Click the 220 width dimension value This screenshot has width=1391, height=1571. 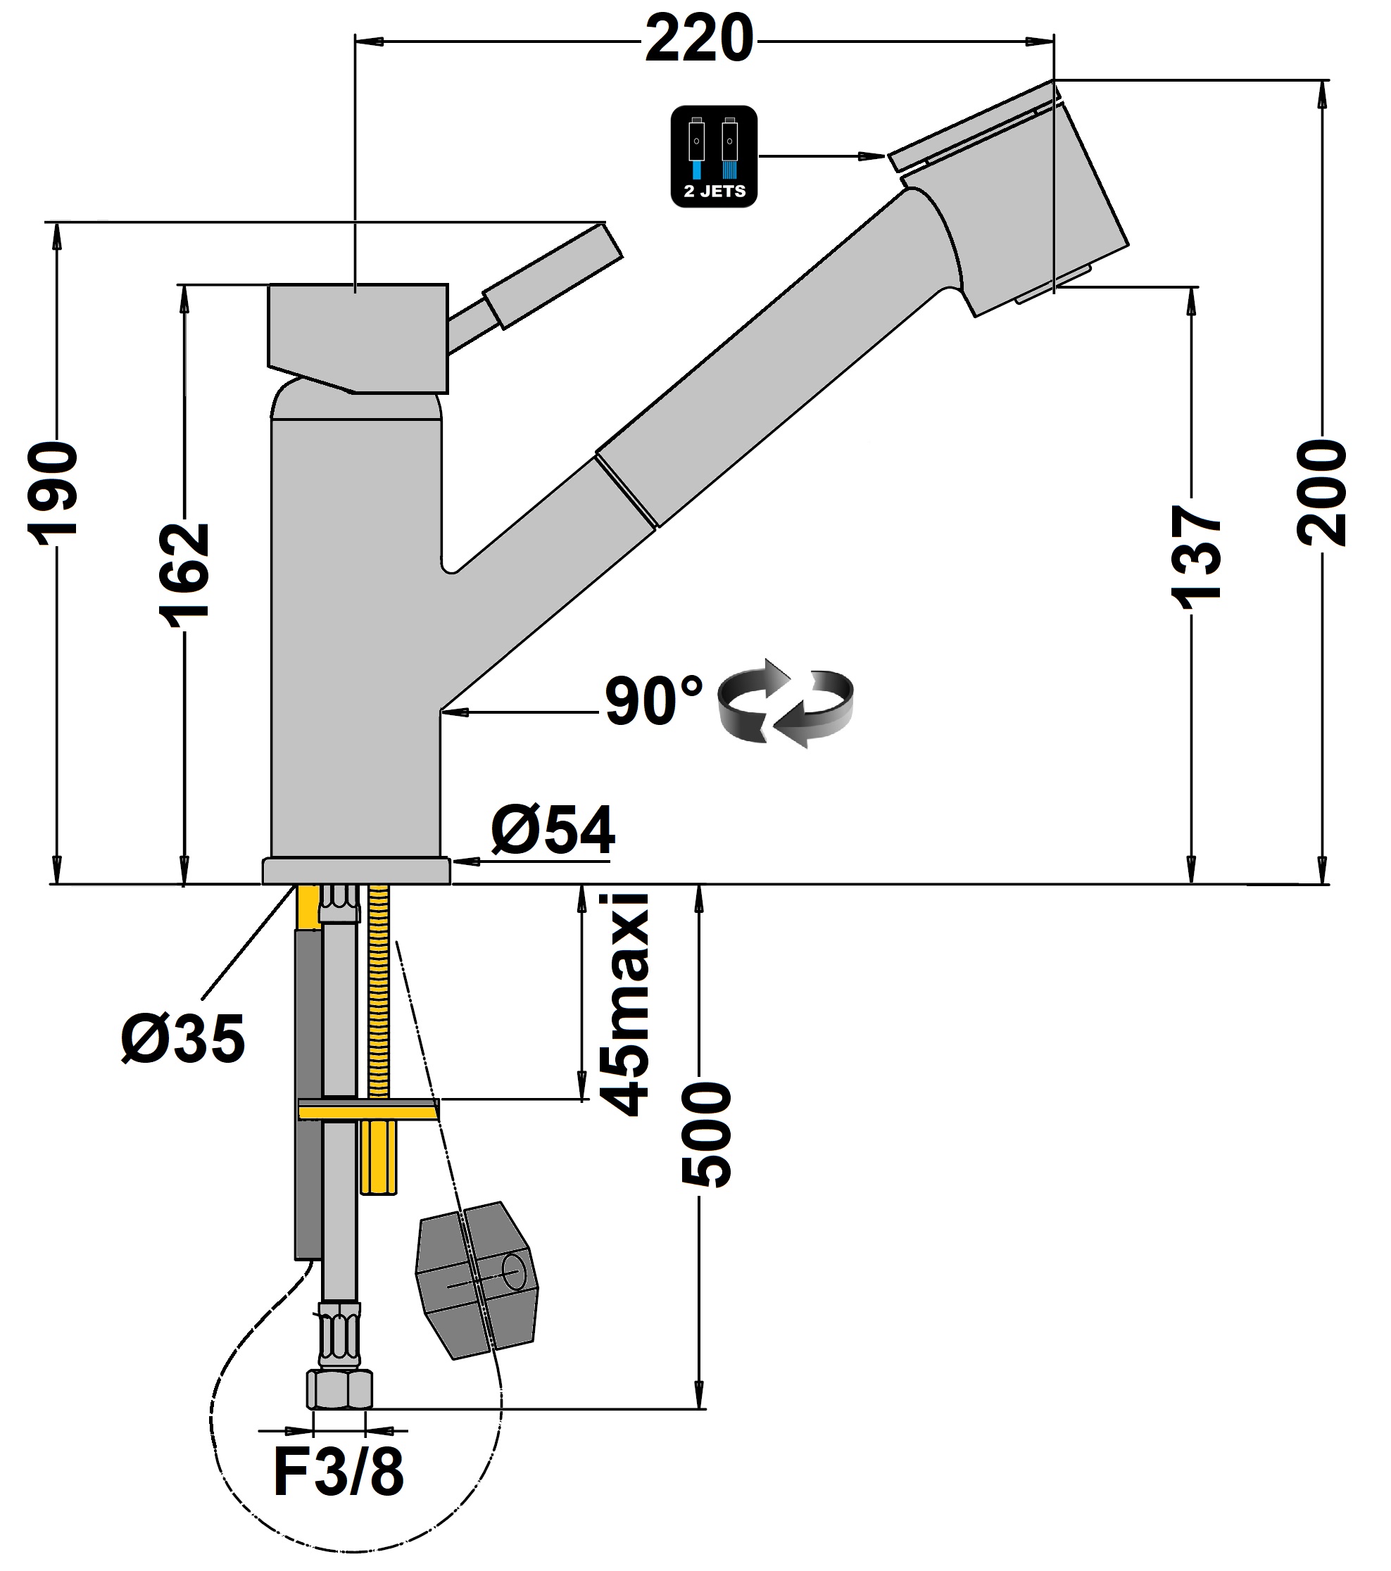698,40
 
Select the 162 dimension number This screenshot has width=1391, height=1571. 184,574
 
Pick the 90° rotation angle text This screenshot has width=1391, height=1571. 653,701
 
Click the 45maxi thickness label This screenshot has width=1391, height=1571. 624,1005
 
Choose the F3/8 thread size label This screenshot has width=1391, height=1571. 338,1472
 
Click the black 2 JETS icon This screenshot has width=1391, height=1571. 714,156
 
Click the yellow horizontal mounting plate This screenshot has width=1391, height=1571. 367,1110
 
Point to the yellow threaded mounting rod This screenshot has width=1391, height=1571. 378,992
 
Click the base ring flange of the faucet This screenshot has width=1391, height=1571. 355,871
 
